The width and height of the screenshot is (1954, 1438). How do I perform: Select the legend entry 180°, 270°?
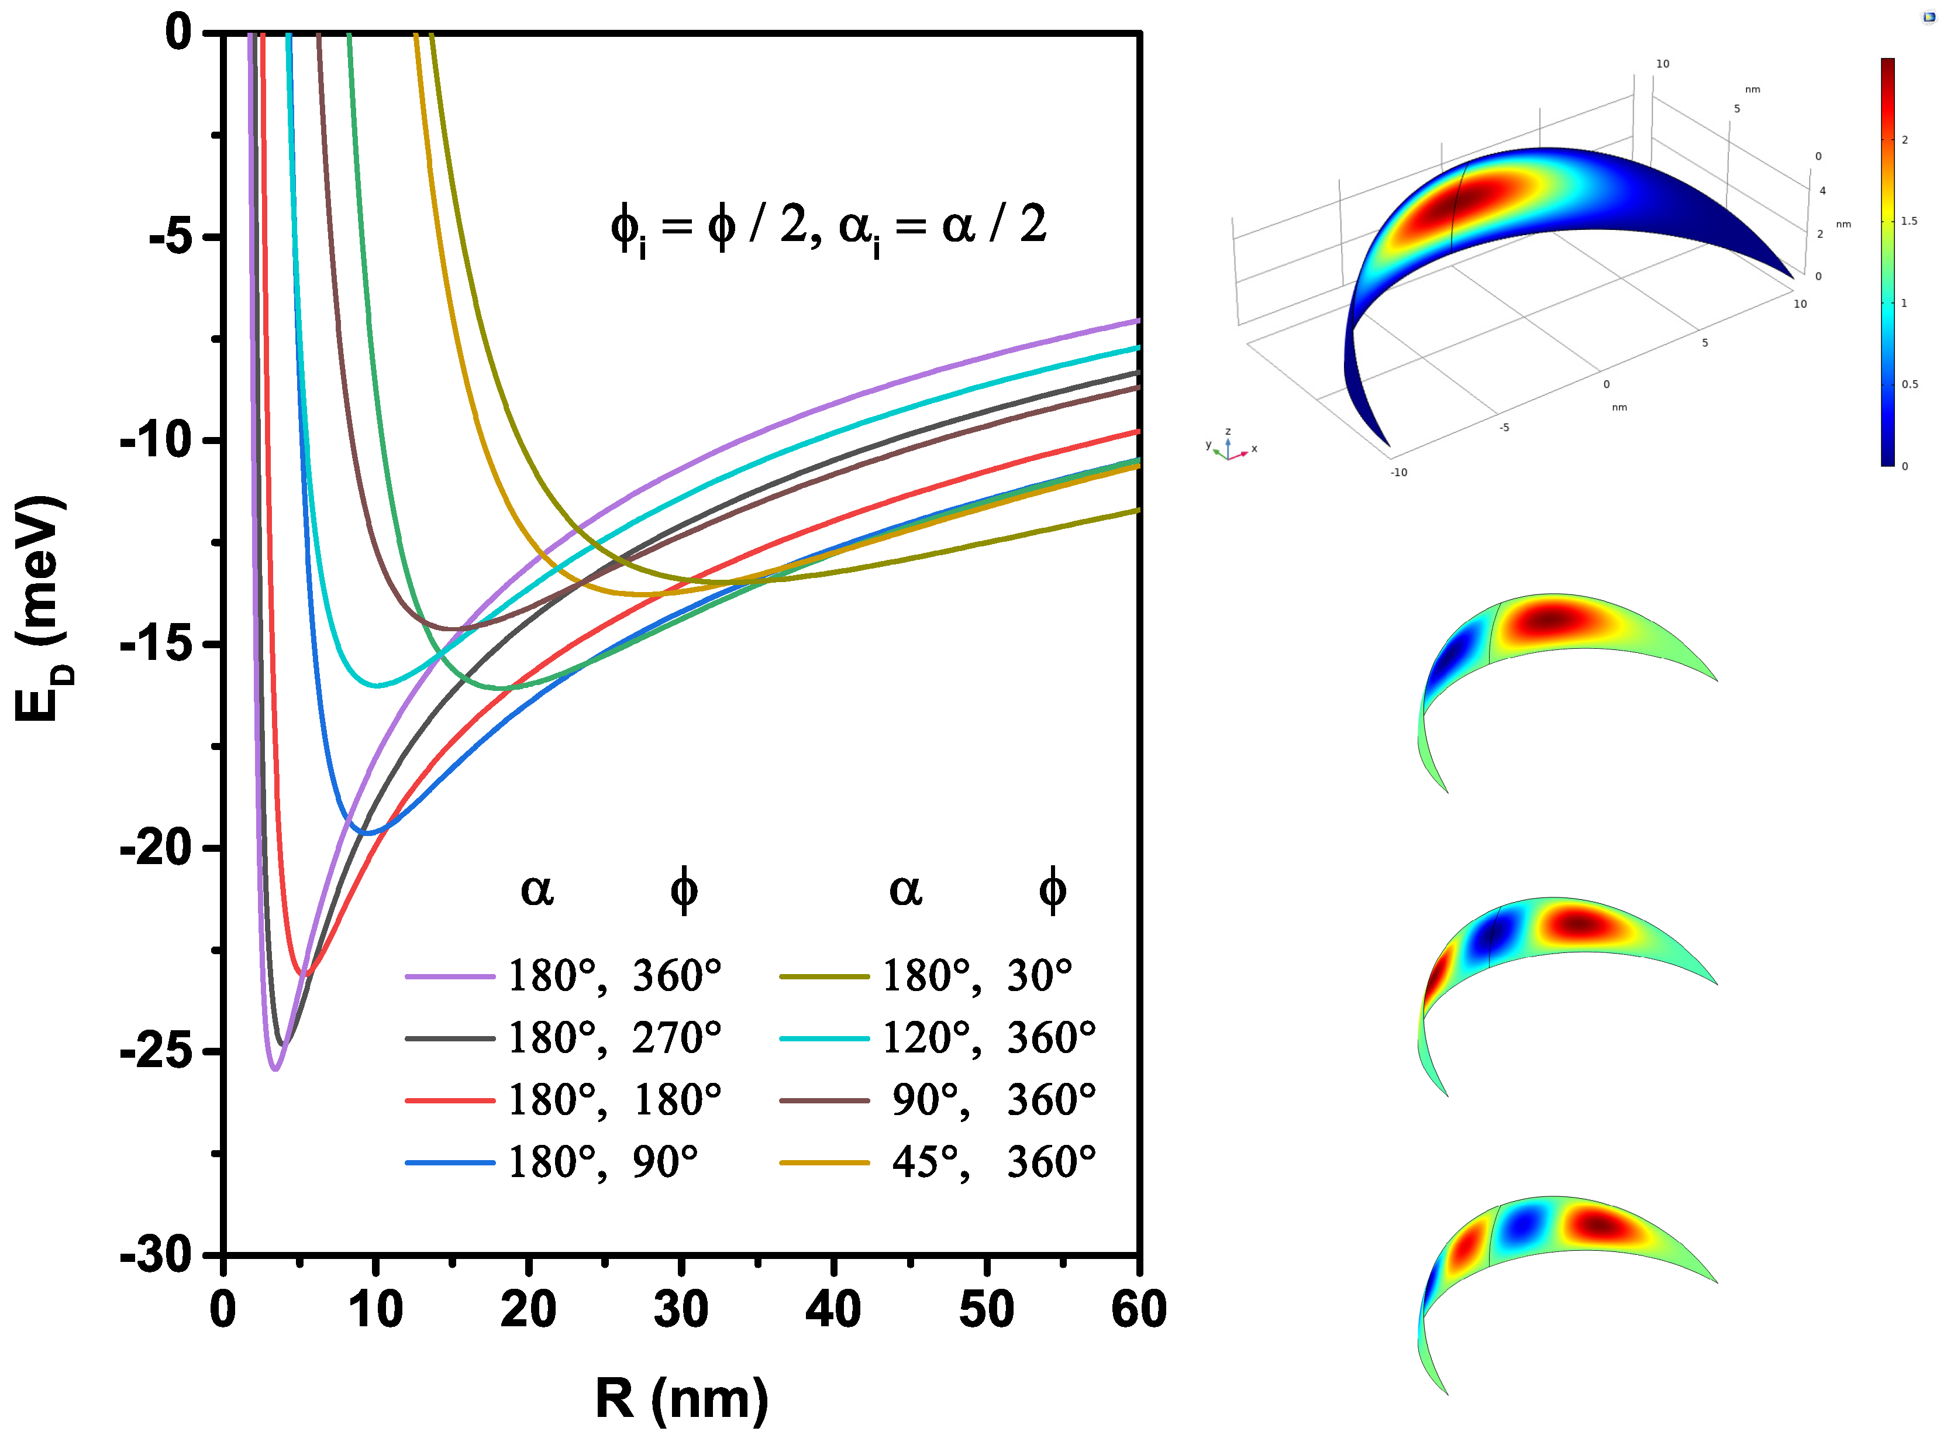[x=564, y=1038]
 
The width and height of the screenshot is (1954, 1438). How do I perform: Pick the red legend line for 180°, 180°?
[x=450, y=1100]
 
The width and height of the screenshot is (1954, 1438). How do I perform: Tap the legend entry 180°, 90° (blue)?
[x=553, y=1162]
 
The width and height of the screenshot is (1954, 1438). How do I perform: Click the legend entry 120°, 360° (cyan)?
[x=938, y=1038]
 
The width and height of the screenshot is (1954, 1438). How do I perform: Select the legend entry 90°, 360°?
[x=938, y=1100]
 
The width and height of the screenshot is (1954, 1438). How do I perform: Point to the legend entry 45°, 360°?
[x=938, y=1162]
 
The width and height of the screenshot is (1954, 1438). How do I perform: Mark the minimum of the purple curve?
[x=275, y=1068]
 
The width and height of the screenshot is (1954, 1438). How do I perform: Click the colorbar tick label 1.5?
[x=1909, y=221]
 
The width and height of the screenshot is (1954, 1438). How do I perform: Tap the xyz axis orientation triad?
[x=1228, y=446]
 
